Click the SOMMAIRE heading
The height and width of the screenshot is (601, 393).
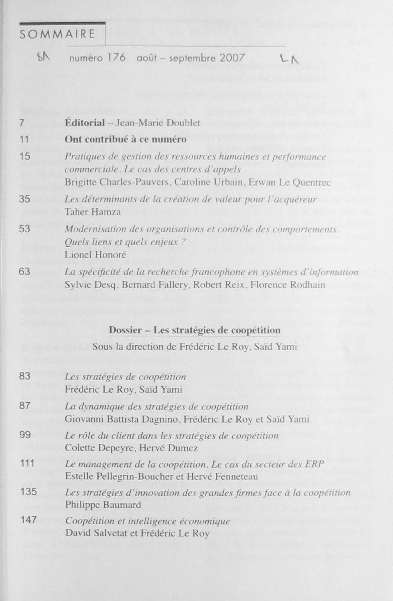point(57,34)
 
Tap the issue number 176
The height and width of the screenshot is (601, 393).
point(116,58)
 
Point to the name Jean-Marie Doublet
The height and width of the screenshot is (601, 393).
point(158,123)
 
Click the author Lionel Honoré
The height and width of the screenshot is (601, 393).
point(95,255)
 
